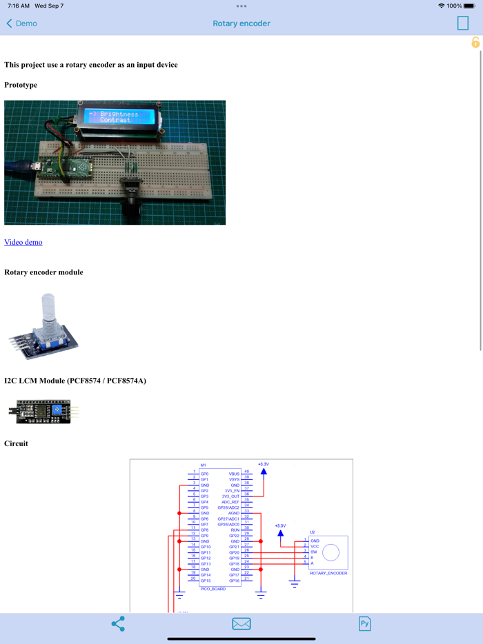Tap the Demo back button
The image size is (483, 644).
coord(21,23)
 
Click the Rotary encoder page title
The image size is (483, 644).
coord(241,23)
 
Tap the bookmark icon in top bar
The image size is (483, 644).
coord(462,23)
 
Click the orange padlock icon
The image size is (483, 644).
coord(475,43)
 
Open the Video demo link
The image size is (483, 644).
coord(23,242)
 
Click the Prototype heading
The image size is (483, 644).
coord(21,85)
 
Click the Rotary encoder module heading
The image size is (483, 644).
coord(43,272)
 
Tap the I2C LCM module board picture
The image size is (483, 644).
coord(43,411)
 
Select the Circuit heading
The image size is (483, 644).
coord(16,443)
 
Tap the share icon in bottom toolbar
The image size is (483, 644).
coord(118,624)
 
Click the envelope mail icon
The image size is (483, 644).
coord(241,624)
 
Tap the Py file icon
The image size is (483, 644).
coord(364,624)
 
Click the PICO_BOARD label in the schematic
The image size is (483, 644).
coord(213,589)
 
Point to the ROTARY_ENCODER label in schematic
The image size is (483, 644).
coord(328,573)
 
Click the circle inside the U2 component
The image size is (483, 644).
coord(331,552)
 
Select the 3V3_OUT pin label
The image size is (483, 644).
coord(230,496)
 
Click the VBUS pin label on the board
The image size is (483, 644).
coord(234,474)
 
